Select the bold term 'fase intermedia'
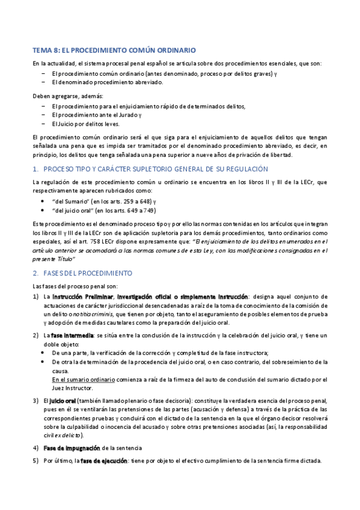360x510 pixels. coord(72,334)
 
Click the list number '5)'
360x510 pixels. coord(35,461)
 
